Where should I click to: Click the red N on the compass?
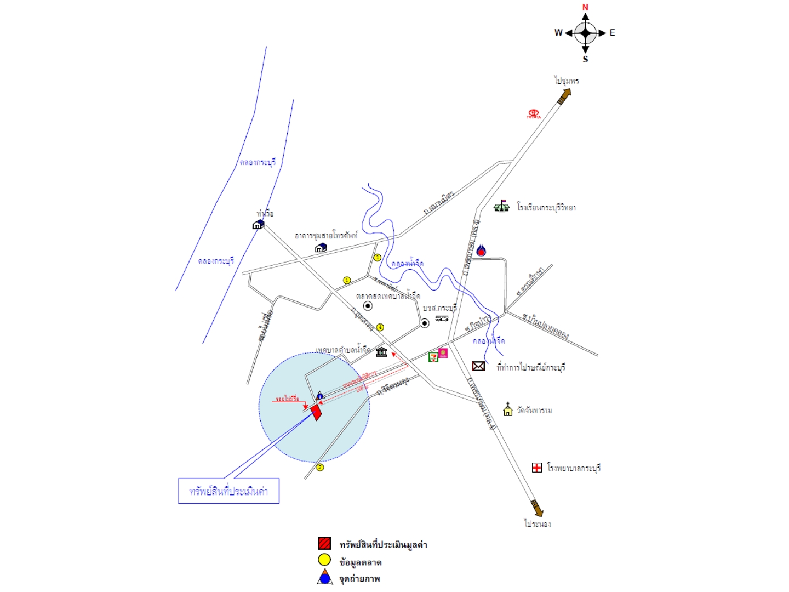pyautogui.click(x=585, y=7)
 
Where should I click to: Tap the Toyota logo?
pyautogui.click(x=534, y=113)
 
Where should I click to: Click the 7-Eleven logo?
pyautogui.click(x=433, y=355)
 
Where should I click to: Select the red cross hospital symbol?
pyautogui.click(x=537, y=468)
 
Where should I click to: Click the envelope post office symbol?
pyautogui.click(x=478, y=366)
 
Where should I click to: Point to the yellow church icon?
pyautogui.click(x=508, y=409)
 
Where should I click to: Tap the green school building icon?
pyautogui.click(x=501, y=206)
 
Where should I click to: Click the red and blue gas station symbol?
pyautogui.click(x=481, y=251)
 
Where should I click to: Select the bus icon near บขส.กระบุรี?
pyautogui.click(x=442, y=318)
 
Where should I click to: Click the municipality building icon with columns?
pyautogui.click(x=382, y=351)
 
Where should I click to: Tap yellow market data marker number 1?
pyautogui.click(x=347, y=280)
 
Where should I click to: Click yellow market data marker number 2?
pyautogui.click(x=320, y=468)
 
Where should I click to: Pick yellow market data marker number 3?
pyautogui.click(x=377, y=258)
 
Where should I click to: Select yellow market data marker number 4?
pyautogui.click(x=380, y=327)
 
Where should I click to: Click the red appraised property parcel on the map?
pyautogui.click(x=316, y=412)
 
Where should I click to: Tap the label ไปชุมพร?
pyautogui.click(x=566, y=81)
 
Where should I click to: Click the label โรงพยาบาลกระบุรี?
pyautogui.click(x=574, y=468)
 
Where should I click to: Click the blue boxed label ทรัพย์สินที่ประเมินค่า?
pyautogui.click(x=228, y=491)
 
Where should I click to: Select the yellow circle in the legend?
pyautogui.click(x=324, y=560)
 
